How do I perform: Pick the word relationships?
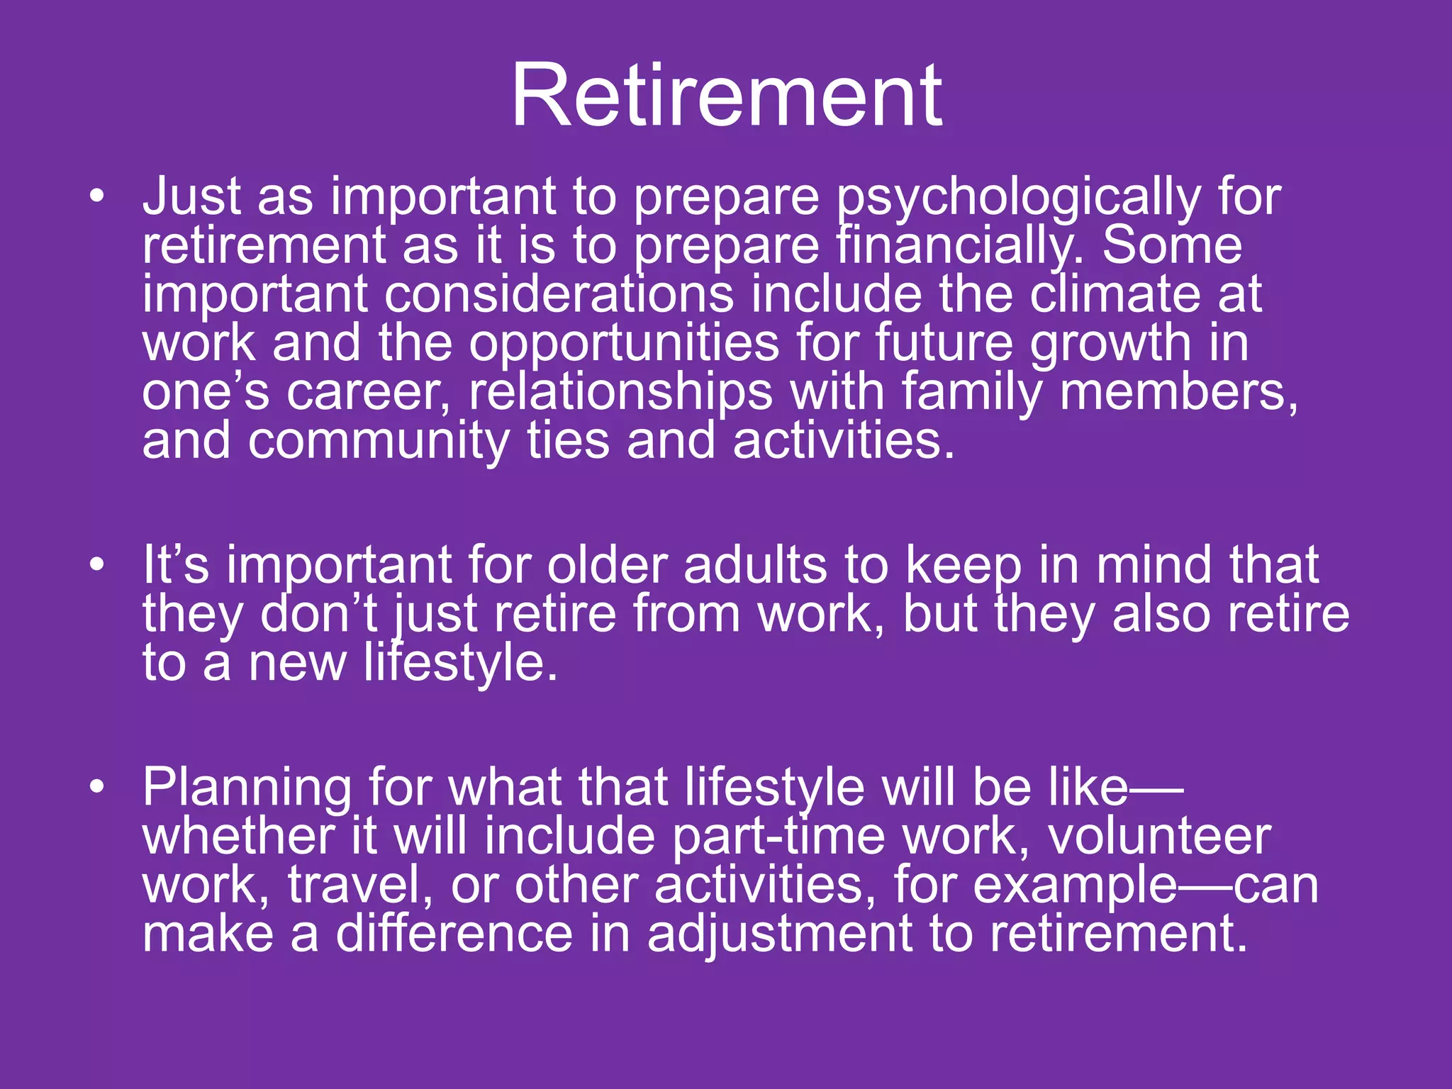point(620,392)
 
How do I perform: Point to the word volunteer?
point(1159,837)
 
